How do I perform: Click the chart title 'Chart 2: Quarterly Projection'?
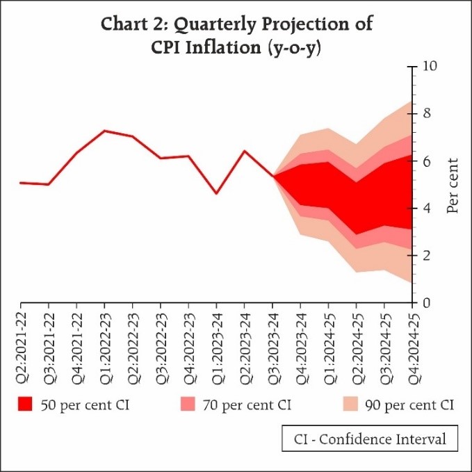(x=237, y=24)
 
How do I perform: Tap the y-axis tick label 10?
(x=429, y=67)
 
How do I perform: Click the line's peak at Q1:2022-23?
(x=104, y=130)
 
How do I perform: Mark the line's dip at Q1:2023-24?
(x=216, y=193)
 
